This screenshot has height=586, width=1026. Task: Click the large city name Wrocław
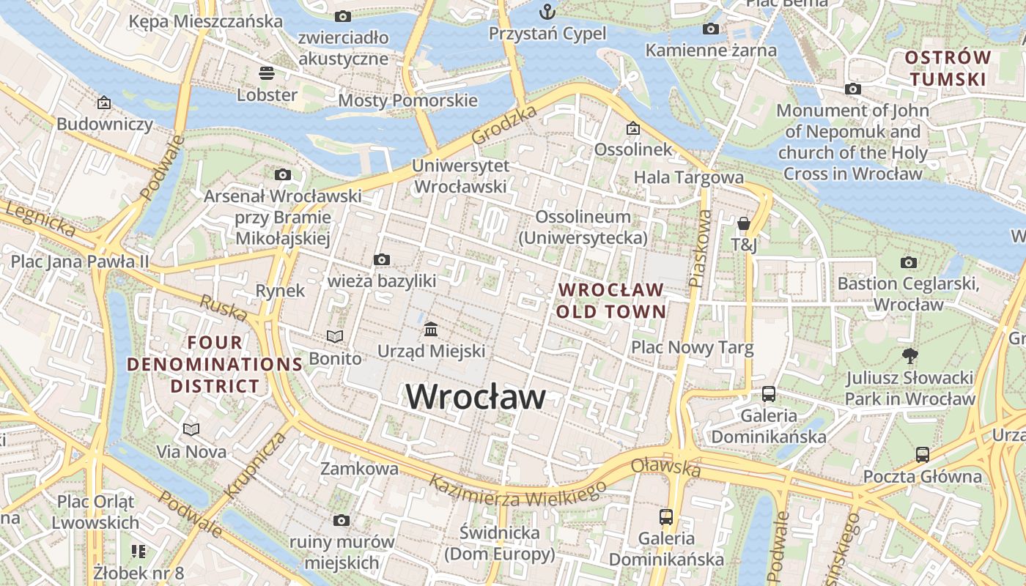pyautogui.click(x=476, y=397)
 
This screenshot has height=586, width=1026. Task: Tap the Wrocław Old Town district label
pyautogui.click(x=611, y=300)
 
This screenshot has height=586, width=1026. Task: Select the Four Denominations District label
pyautogui.click(x=215, y=364)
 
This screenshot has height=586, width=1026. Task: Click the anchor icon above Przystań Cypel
pyautogui.click(x=547, y=12)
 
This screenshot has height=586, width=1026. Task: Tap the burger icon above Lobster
pyautogui.click(x=266, y=73)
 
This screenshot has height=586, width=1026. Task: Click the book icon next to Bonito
pyautogui.click(x=335, y=336)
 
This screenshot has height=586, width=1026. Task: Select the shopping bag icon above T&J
pyautogui.click(x=744, y=223)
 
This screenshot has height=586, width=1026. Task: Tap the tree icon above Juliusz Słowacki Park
pyautogui.click(x=909, y=356)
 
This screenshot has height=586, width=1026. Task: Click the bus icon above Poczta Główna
pyautogui.click(x=923, y=454)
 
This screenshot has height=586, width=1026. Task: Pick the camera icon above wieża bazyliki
pyautogui.click(x=381, y=259)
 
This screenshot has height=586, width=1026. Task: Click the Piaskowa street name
pyautogui.click(x=700, y=248)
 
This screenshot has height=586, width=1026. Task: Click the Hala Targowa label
pyautogui.click(x=688, y=177)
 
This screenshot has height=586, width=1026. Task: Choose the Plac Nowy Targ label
pyautogui.click(x=692, y=347)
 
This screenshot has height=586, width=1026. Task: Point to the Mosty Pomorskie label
pyautogui.click(x=407, y=100)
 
